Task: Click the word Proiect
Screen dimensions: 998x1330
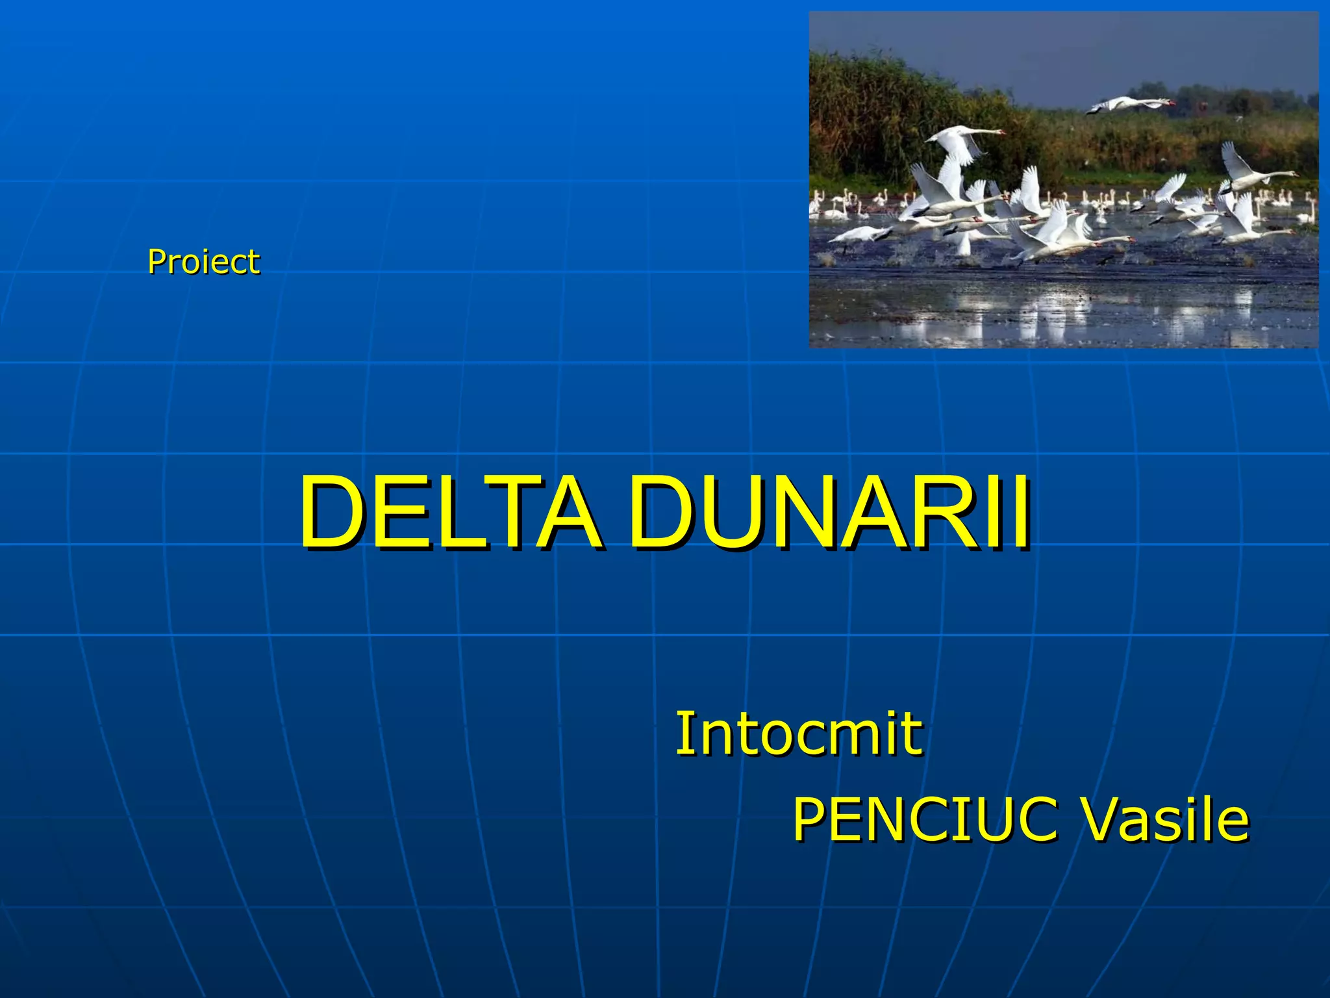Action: point(203,262)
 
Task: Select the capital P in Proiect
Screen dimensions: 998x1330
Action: point(157,262)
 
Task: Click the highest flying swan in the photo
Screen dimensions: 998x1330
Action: point(1130,104)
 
